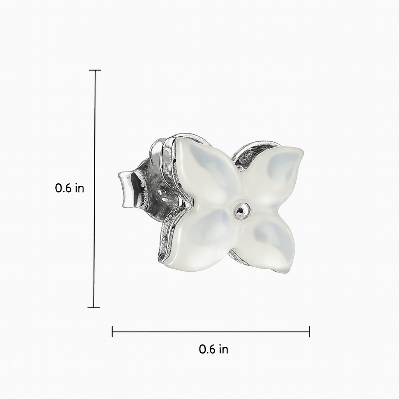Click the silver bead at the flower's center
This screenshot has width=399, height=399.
[240, 209]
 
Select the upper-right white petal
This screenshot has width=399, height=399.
[270, 176]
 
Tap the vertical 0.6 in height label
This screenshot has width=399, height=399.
[69, 188]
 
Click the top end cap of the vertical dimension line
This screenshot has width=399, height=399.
[95, 70]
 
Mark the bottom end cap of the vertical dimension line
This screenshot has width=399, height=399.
[94, 308]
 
